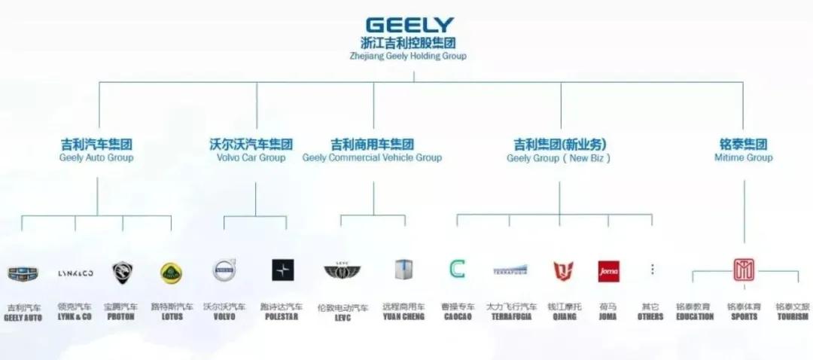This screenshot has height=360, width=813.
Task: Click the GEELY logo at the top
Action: pyautogui.click(x=410, y=25)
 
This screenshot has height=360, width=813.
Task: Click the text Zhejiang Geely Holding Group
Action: pyautogui.click(x=409, y=56)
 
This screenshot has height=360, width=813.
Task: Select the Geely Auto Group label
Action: pyautogui.click(x=96, y=158)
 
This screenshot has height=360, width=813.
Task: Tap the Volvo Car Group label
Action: pyautogui.click(x=251, y=158)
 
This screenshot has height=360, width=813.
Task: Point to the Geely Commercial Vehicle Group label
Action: pyautogui.click(x=372, y=158)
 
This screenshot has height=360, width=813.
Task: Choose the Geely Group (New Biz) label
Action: pyautogui.click(x=559, y=158)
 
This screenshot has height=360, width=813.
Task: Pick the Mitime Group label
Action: pyautogui.click(x=743, y=158)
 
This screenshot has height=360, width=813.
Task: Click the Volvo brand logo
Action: pyautogui.click(x=224, y=270)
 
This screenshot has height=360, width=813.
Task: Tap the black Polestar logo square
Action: pyautogui.click(x=283, y=270)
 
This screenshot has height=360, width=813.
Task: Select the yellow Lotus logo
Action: pyautogui.click(x=172, y=272)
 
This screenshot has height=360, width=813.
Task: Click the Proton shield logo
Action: pyautogui.click(x=122, y=271)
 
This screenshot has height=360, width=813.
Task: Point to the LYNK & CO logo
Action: pyautogui.click(x=75, y=273)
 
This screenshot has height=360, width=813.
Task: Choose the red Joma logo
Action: pyautogui.click(x=608, y=270)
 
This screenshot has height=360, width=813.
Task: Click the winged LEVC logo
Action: pyautogui.click(x=343, y=270)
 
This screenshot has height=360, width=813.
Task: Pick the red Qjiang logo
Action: pyautogui.click(x=563, y=270)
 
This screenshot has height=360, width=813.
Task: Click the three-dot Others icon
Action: pyautogui.click(x=652, y=269)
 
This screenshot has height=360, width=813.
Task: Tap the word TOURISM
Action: pyautogui.click(x=793, y=317)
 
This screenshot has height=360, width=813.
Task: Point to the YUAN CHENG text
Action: pyautogui.click(x=403, y=317)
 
